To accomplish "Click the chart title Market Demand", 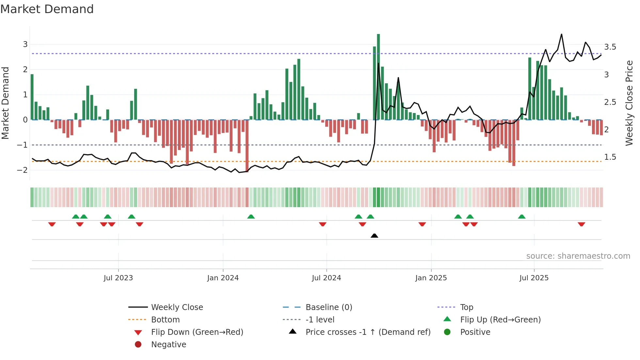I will click(x=47, y=9).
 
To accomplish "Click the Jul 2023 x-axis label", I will click(x=118, y=278).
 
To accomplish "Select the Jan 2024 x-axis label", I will click(x=223, y=278).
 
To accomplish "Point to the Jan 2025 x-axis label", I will click(x=431, y=278).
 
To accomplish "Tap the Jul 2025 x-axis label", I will click(x=534, y=278).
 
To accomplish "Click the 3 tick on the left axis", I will click(x=25, y=44).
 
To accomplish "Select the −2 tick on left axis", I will click(x=23, y=170).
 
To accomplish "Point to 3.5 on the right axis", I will click(x=610, y=47).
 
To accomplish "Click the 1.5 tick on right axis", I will click(x=610, y=157).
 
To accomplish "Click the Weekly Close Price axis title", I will click(x=629, y=103).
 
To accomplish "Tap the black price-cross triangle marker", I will click(x=375, y=236).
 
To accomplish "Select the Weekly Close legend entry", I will click(x=177, y=307).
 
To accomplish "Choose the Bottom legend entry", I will click(x=165, y=320).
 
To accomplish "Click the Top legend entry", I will click(x=467, y=307).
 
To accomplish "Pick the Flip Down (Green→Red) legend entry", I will click(x=197, y=332).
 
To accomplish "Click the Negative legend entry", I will click(x=168, y=345).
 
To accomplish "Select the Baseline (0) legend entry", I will click(x=329, y=307).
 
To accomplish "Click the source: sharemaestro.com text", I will click(x=578, y=256).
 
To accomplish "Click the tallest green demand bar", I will click(x=378, y=77).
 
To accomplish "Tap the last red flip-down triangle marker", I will click(x=581, y=224).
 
